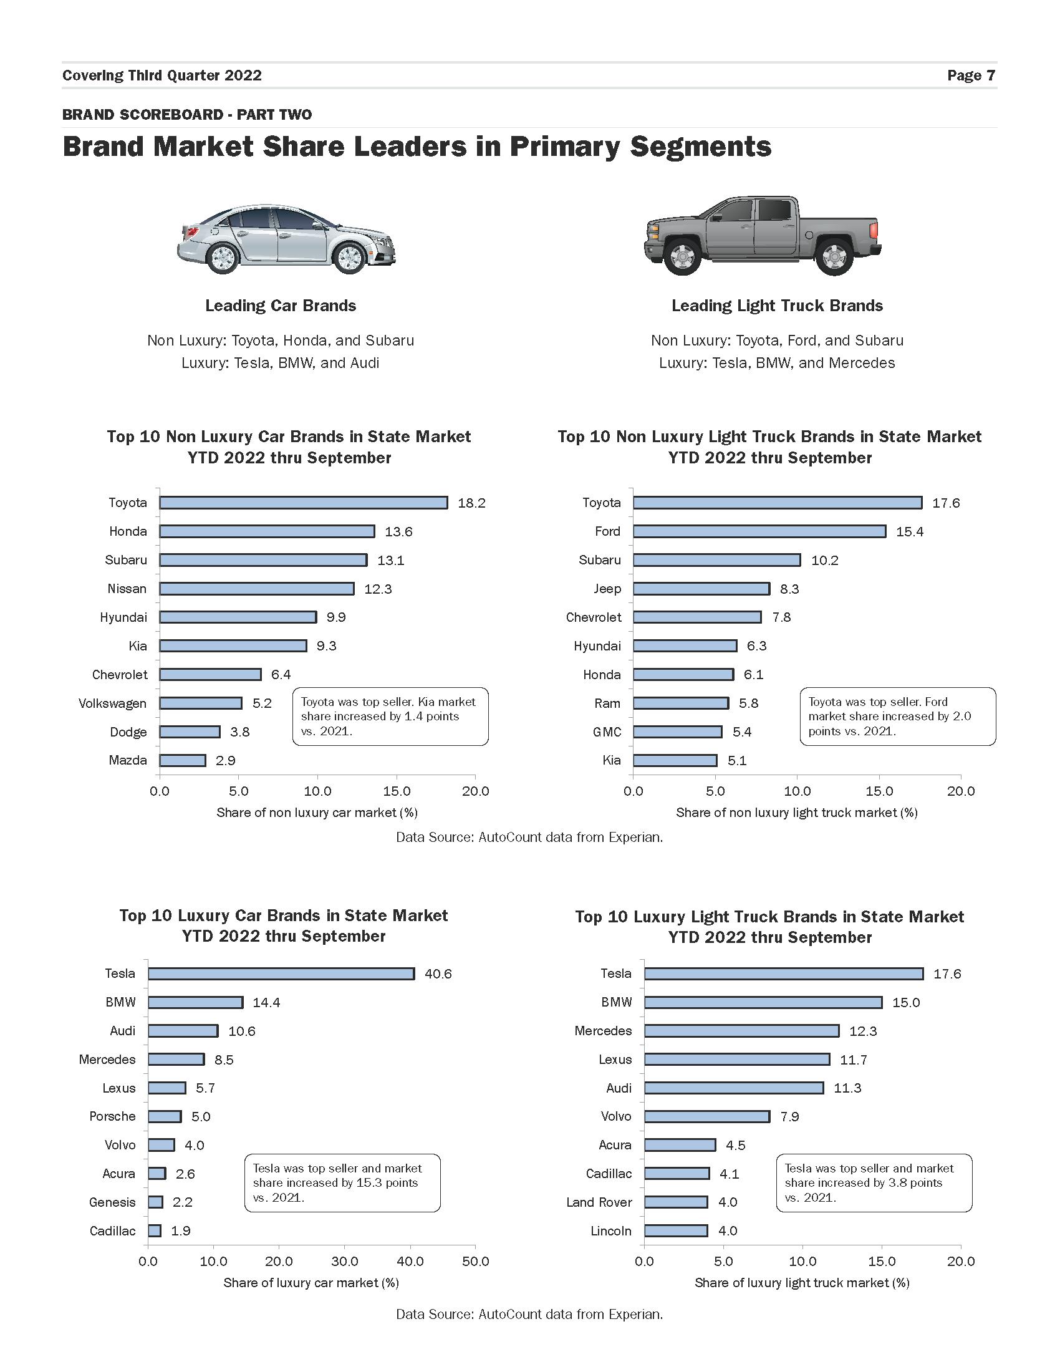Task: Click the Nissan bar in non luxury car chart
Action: coord(256,589)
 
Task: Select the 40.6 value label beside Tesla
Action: coord(438,973)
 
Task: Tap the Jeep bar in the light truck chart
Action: coord(701,589)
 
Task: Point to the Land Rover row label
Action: coord(599,1202)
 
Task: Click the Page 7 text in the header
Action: coord(971,75)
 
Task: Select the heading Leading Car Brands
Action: coord(280,306)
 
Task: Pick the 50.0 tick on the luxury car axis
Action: coord(475,1261)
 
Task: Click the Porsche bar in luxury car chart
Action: coord(165,1116)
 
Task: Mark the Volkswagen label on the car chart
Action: coord(112,703)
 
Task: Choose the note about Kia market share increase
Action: coord(389,716)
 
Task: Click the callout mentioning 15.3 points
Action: coord(342,1182)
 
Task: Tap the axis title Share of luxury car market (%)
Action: coord(311,1282)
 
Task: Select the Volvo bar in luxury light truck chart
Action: coord(706,1116)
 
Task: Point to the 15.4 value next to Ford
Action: coord(909,532)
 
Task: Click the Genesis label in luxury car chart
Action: coord(112,1202)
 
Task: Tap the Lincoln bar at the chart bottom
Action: coord(676,1230)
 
